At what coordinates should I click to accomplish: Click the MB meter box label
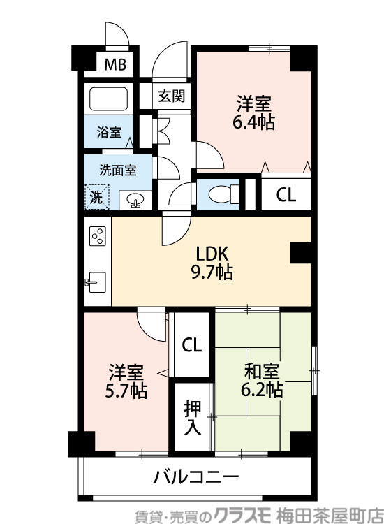(116, 65)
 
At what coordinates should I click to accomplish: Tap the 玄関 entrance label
(171, 96)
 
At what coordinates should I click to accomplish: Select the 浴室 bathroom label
(108, 131)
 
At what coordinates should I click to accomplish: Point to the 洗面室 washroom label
(117, 168)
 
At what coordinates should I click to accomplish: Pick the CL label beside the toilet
(286, 195)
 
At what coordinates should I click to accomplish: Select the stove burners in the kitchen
(97, 236)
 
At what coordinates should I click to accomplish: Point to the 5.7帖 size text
(127, 391)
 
